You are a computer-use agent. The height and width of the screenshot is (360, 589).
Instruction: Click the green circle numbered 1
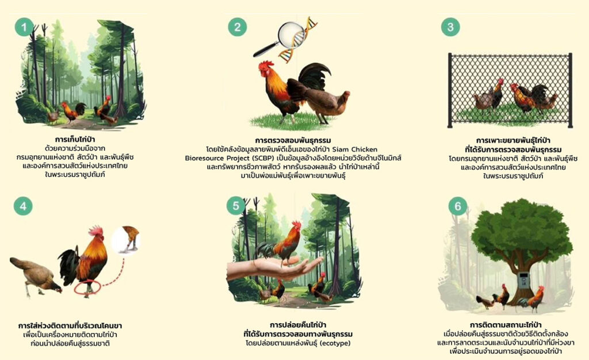24,27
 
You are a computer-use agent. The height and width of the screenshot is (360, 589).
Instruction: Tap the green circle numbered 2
238,27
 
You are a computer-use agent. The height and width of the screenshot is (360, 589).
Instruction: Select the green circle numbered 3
450,27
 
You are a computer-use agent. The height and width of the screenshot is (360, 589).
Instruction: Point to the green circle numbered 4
23,206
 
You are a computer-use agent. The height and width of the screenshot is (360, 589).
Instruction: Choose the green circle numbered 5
236,206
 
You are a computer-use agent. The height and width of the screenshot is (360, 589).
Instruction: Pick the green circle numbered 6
458,206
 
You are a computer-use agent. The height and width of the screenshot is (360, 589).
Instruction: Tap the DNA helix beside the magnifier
297,40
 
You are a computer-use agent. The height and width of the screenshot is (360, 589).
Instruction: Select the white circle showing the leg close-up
127,240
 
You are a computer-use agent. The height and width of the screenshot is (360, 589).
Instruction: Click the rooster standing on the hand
280,244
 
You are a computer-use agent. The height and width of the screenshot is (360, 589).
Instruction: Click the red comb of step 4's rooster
96,230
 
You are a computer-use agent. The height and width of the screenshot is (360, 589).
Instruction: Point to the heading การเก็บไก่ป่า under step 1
75,140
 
